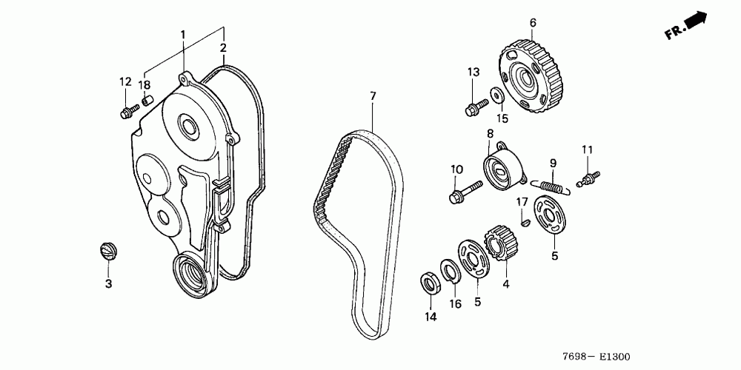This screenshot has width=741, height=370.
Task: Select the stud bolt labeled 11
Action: [x=591, y=178]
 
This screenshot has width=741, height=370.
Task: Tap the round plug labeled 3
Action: [x=108, y=250]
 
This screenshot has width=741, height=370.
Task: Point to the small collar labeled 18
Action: [x=147, y=100]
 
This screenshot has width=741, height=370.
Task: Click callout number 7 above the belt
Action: [x=373, y=95]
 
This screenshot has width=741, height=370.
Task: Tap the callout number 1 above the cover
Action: [x=183, y=34]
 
